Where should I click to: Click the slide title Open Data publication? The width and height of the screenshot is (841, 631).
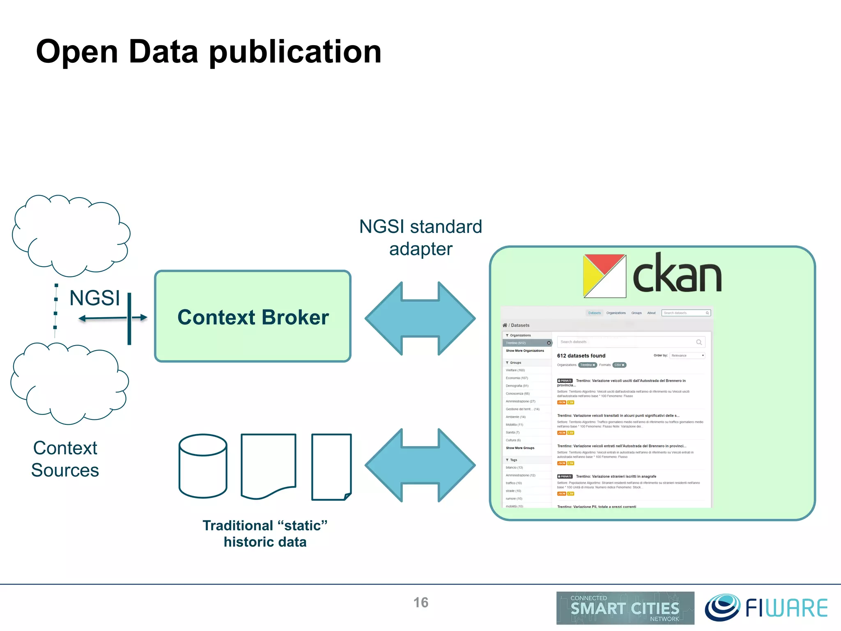[x=209, y=52]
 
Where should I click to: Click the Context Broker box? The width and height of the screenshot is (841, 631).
[x=253, y=317]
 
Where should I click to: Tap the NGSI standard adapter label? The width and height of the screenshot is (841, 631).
[x=420, y=237]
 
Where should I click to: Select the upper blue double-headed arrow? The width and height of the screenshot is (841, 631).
[x=420, y=318]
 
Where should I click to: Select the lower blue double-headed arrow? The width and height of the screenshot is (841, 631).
[x=420, y=465]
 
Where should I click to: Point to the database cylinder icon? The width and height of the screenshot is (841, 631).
[x=203, y=466]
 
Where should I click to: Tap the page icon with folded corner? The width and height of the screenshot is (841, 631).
[x=331, y=467]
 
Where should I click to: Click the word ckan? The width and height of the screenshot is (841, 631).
[x=677, y=273]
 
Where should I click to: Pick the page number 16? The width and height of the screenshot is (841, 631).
[x=420, y=602]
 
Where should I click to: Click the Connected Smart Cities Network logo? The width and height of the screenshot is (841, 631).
[x=625, y=608]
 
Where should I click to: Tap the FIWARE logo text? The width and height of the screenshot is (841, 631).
[x=786, y=608]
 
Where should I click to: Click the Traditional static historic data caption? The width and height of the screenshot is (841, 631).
[x=265, y=533]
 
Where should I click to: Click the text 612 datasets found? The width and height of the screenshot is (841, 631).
[x=581, y=356]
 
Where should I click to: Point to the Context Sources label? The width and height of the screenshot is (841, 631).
[x=65, y=459]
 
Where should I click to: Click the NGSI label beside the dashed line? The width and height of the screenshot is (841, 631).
[x=94, y=298]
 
